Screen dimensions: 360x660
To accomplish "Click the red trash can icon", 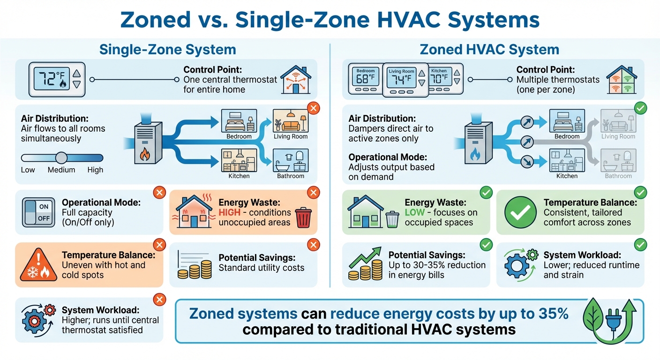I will pyautogui.click(x=303, y=217).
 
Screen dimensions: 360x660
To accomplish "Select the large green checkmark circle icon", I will pyautogui.click(x=520, y=212).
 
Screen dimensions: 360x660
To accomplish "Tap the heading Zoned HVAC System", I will pyautogui.click(x=489, y=50).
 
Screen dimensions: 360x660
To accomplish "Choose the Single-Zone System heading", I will pyautogui.click(x=167, y=50).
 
